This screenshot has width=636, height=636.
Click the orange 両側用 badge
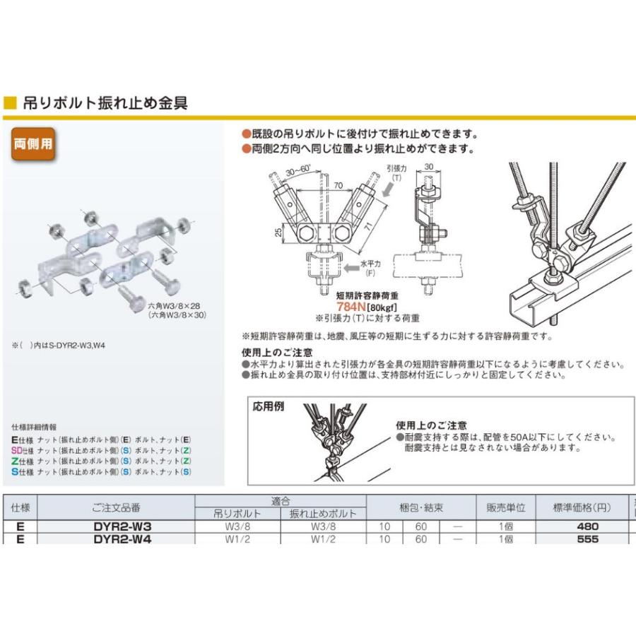33,146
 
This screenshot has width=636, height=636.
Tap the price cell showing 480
587,526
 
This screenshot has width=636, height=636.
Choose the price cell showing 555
587,538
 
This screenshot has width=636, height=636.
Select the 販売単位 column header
505,507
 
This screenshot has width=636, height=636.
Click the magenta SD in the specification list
16,450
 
